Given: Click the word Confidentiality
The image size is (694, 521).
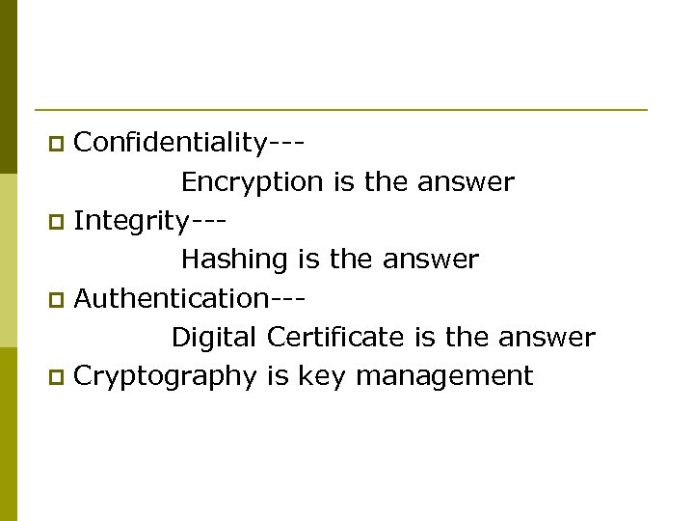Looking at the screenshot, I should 170,143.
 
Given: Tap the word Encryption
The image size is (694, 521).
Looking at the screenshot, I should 252,182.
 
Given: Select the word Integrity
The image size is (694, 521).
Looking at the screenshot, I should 131,221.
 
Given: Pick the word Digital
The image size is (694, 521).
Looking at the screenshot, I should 214,338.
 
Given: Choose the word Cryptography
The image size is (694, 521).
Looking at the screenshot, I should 165,376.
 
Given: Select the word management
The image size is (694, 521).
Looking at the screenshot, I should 444,376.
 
